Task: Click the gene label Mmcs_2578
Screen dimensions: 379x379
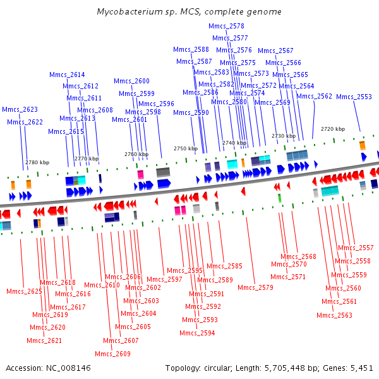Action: (x=226, y=26)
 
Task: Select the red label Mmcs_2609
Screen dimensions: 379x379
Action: (x=112, y=354)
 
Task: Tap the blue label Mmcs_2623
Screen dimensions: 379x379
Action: (x=20, y=109)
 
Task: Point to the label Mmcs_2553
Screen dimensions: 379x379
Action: (x=354, y=97)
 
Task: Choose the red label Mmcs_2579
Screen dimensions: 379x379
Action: (x=255, y=287)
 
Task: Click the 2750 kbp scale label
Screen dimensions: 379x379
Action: (x=186, y=148)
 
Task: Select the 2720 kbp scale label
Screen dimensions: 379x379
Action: (x=333, y=129)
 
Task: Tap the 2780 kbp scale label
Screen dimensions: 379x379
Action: (x=37, y=162)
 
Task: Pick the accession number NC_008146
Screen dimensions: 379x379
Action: (x=68, y=368)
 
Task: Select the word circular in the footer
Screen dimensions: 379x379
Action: (x=217, y=368)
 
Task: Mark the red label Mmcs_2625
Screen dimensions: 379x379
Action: (x=24, y=291)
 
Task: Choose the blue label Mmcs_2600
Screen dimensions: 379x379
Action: (x=131, y=81)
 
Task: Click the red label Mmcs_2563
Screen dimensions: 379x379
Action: (x=334, y=315)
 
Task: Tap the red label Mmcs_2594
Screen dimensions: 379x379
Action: (x=197, y=333)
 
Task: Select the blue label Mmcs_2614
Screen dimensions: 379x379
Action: (x=67, y=75)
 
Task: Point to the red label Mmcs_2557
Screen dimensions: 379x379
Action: (x=356, y=248)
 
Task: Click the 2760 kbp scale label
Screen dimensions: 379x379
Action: (x=136, y=154)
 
